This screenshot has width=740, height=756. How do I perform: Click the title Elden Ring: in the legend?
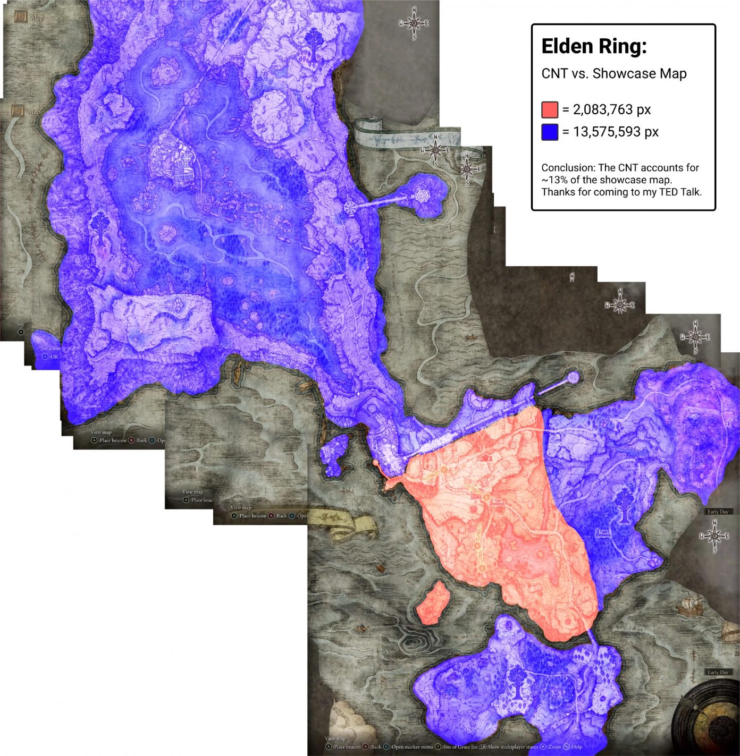click(594, 47)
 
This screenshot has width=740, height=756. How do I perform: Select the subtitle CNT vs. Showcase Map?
click(613, 73)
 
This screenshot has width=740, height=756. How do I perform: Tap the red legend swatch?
click(549, 109)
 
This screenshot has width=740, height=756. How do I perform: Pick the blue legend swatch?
click(549, 132)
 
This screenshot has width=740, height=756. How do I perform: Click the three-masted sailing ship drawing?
click(689, 604)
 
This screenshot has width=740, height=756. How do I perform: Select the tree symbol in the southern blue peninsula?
click(516, 682)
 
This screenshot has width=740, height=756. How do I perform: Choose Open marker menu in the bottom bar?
click(412, 747)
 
